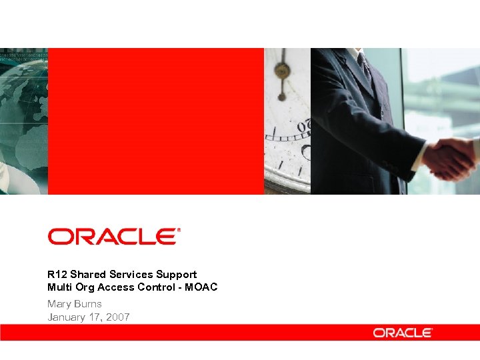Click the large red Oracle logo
113,236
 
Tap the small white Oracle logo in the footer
403,332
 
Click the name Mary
59,304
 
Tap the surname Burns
89,304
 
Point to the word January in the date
67,317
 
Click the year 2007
118,317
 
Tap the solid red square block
156,121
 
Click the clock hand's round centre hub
282,70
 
